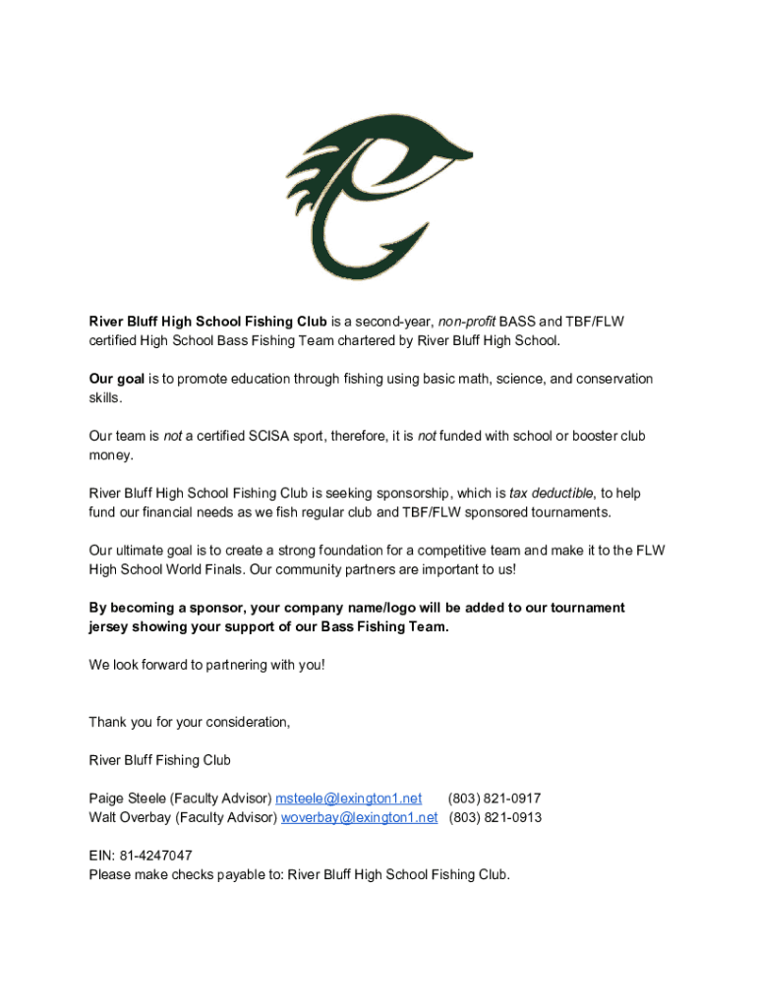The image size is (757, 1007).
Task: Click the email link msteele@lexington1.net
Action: click(x=348, y=799)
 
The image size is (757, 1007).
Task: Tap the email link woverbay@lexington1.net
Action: click(x=359, y=817)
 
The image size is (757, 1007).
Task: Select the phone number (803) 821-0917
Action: click(x=495, y=799)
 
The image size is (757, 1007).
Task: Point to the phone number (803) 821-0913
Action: click(x=495, y=817)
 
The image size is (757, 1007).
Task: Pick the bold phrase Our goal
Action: click(x=117, y=379)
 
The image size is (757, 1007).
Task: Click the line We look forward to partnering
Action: click(x=206, y=665)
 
